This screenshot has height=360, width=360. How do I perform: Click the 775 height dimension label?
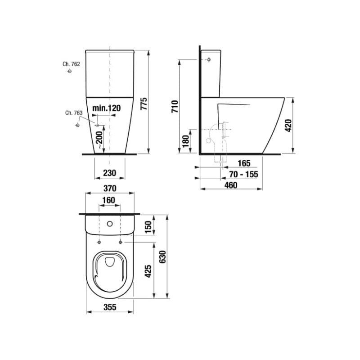click(x=144, y=104)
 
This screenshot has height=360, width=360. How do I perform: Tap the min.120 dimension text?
click(x=107, y=108)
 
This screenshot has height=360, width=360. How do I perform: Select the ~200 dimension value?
click(x=99, y=140)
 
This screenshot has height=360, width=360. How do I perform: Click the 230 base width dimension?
click(x=110, y=173)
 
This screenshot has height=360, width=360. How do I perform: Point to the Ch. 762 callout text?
click(x=71, y=64)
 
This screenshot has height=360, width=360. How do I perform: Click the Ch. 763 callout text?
click(x=74, y=113)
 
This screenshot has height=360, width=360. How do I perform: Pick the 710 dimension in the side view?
click(x=175, y=107)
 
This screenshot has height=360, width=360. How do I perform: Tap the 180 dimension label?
click(x=185, y=141)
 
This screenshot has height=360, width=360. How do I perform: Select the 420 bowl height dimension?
click(x=288, y=126)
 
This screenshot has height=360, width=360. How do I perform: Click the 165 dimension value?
click(x=244, y=163)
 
